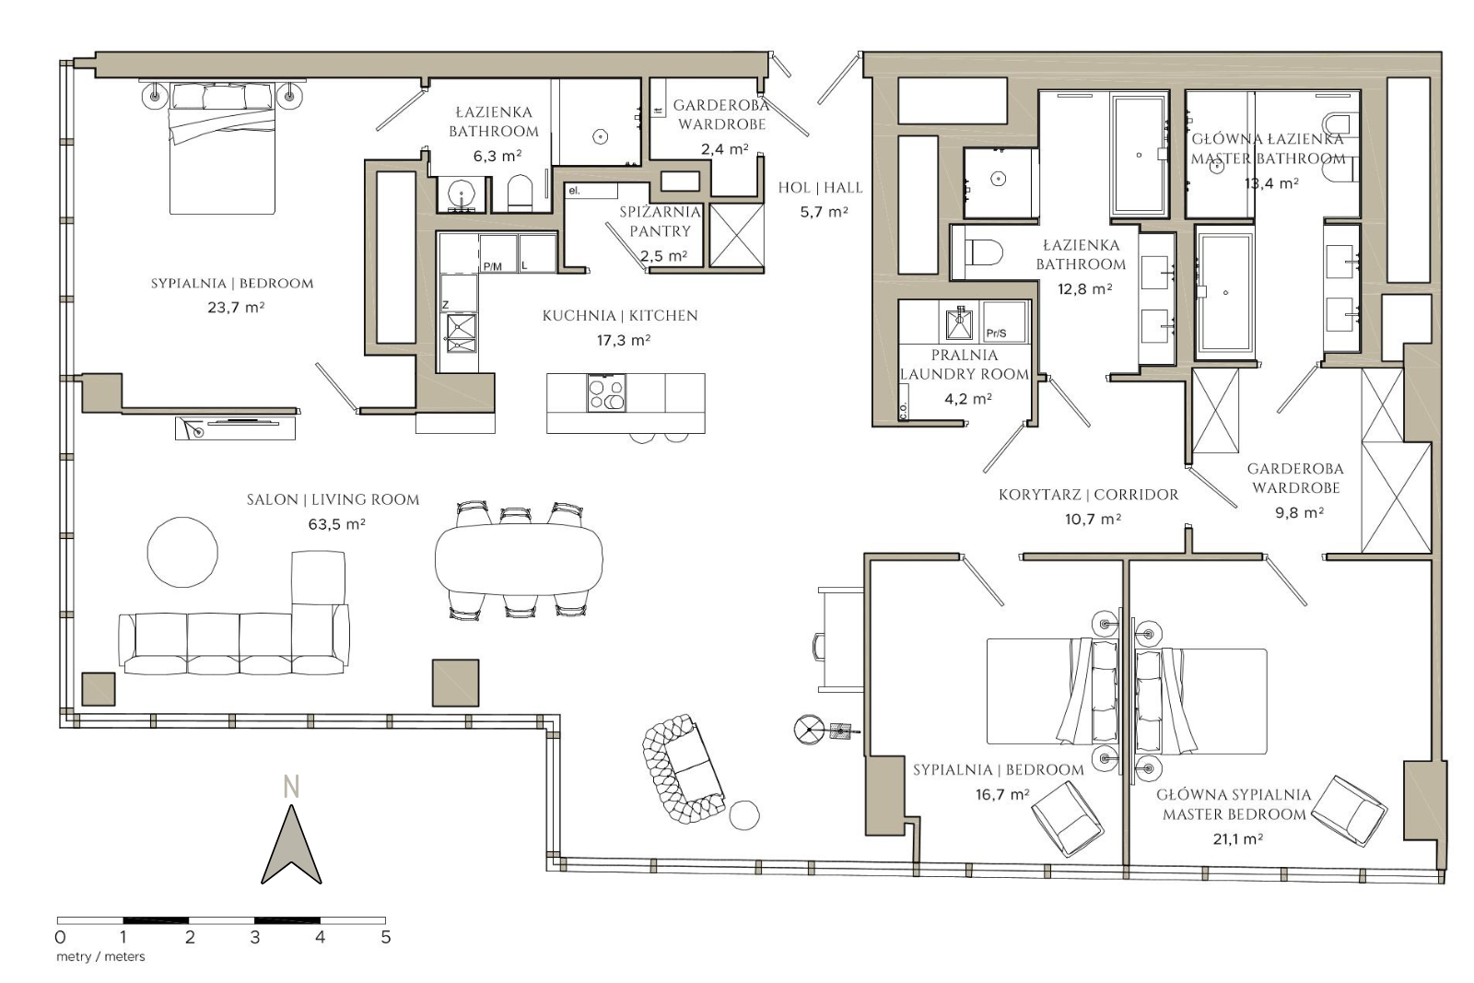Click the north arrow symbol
click(291, 846)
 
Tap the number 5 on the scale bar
click(385, 937)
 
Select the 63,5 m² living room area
click(336, 524)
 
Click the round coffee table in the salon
click(182, 552)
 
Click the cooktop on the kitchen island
click(606, 392)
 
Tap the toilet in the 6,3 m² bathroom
click(520, 193)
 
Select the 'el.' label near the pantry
click(575, 191)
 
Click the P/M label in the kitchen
click(493, 266)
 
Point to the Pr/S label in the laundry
click(996, 334)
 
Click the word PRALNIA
click(964, 355)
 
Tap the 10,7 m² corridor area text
click(1093, 519)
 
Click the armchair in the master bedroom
click(1348, 810)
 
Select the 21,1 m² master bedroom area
click(1237, 838)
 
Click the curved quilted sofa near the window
click(682, 769)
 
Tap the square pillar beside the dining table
click(455, 683)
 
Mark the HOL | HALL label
click(820, 188)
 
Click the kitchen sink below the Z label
click(462, 327)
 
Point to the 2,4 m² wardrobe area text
click(724, 149)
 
